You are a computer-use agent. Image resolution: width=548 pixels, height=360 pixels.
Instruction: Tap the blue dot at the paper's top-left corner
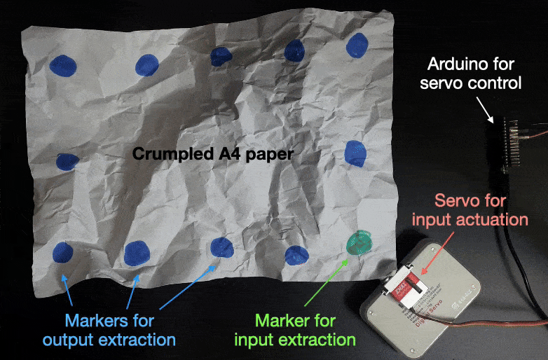[62, 64]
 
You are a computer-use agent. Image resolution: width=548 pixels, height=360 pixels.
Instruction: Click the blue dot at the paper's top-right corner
[357, 46]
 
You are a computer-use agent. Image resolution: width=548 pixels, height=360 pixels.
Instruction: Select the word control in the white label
[495, 84]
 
